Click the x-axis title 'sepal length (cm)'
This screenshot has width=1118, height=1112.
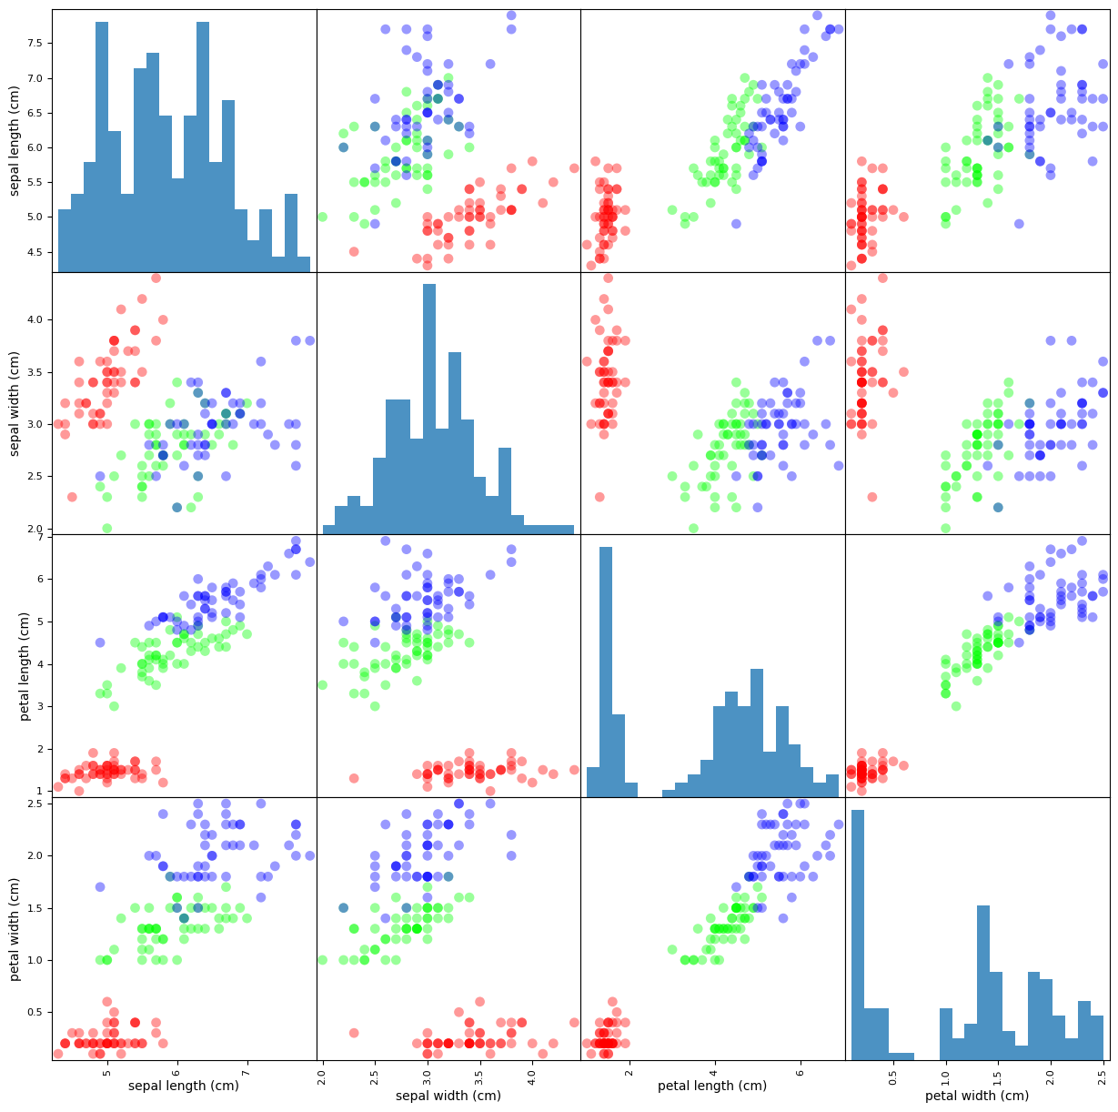tap(184, 1086)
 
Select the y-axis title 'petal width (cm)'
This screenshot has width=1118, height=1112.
tap(15, 928)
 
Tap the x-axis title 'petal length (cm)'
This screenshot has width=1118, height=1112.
tap(713, 1086)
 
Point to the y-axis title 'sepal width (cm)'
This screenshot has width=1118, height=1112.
tap(15, 403)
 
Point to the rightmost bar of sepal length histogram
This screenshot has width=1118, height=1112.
tap(304, 264)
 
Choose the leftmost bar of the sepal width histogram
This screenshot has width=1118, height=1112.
tap(328, 530)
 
